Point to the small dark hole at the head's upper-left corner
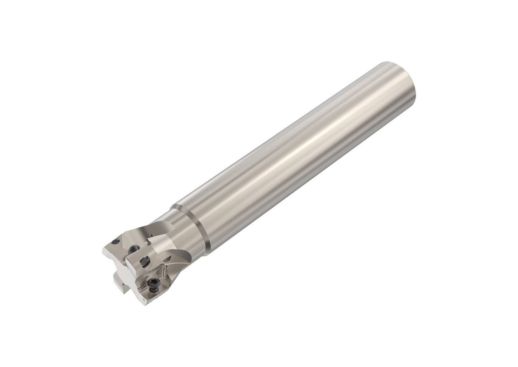click(x=115, y=242)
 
